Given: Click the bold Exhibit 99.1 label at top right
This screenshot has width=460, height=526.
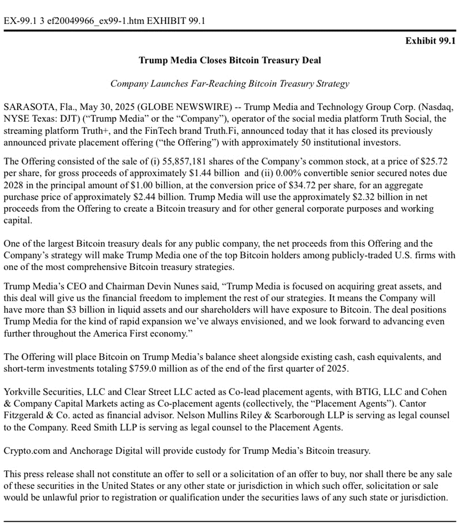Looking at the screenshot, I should pos(430,41).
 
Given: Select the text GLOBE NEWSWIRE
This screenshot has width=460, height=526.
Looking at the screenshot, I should pos(176,107).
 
